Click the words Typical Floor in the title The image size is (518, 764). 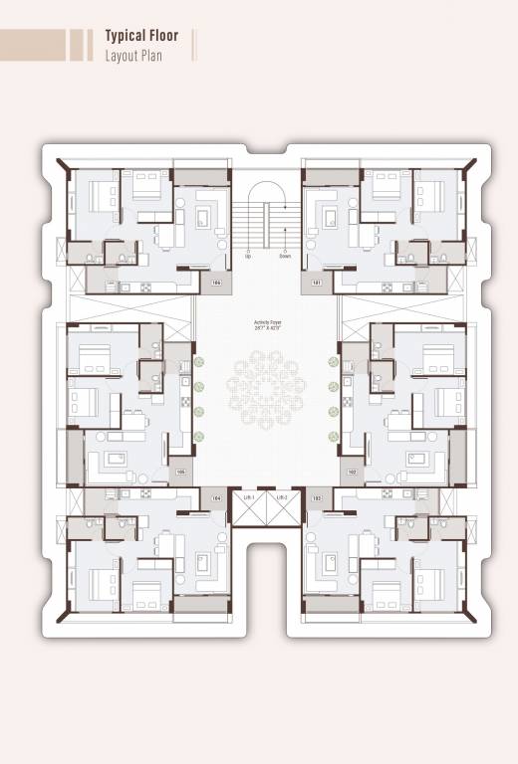pyautogui.click(x=141, y=36)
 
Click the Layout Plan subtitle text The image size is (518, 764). pyautogui.click(x=133, y=55)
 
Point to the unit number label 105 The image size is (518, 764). pyautogui.click(x=180, y=472)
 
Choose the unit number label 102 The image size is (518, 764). pyautogui.click(x=352, y=472)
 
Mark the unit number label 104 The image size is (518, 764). pyautogui.click(x=216, y=495)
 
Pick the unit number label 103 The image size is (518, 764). pyautogui.click(x=316, y=495)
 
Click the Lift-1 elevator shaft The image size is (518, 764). pyautogui.click(x=249, y=506)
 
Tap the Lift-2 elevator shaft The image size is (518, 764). pyautogui.click(x=282, y=506)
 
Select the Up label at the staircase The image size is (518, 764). pyautogui.click(x=248, y=255)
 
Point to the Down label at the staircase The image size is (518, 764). pyautogui.click(x=284, y=255)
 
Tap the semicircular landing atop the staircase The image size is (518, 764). pyautogui.click(x=266, y=191)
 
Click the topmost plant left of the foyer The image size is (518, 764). pyautogui.click(x=198, y=362)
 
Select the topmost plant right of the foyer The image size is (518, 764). pyautogui.click(x=333, y=362)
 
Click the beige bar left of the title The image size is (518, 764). pyautogui.click(x=34, y=45)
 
